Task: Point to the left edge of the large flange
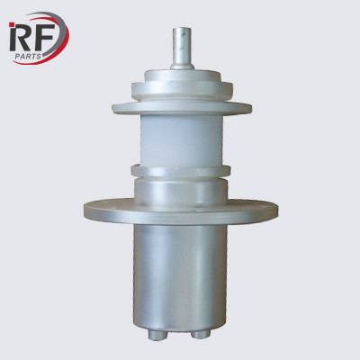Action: click(85, 211)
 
